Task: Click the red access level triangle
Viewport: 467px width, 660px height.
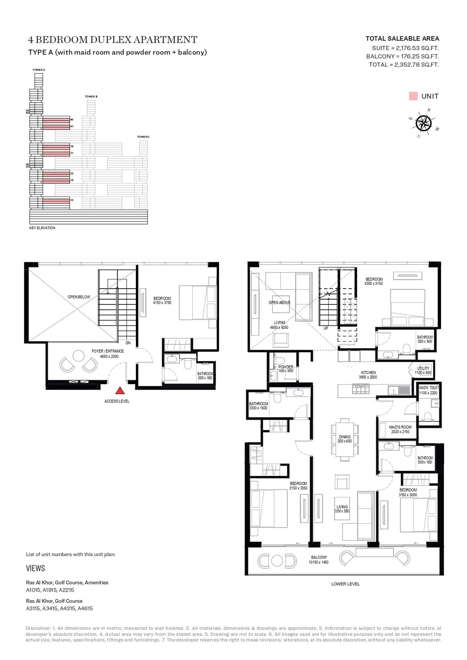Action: pyautogui.click(x=120, y=391)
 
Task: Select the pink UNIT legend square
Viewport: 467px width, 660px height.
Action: pyautogui.click(x=413, y=96)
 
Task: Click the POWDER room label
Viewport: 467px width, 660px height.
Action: pyautogui.click(x=286, y=367)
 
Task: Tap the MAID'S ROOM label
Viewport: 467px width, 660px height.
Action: pyautogui.click(x=400, y=427)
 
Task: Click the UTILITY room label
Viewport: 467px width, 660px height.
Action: pyautogui.click(x=423, y=368)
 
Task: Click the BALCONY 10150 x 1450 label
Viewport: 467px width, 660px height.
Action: pyautogui.click(x=318, y=557)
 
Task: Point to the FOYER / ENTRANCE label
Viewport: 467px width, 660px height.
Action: pyautogui.click(x=108, y=351)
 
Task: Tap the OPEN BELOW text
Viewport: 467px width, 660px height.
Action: pyautogui.click(x=79, y=297)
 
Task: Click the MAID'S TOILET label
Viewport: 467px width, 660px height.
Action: pyautogui.click(x=429, y=388)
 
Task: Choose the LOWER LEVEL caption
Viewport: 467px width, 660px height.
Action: pyautogui.click(x=345, y=584)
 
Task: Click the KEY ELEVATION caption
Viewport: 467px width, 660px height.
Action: pyautogui.click(x=42, y=228)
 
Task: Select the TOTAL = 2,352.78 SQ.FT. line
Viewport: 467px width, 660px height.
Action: pyautogui.click(x=403, y=65)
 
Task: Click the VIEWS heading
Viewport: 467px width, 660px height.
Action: pyautogui.click(x=35, y=568)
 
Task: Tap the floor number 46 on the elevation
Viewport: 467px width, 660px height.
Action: pyautogui.click(x=72, y=120)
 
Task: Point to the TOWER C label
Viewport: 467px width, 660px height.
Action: pyautogui.click(x=143, y=137)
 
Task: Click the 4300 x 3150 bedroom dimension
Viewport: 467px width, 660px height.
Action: pyautogui.click(x=374, y=284)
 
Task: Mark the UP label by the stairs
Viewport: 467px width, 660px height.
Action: pyautogui.click(x=326, y=328)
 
